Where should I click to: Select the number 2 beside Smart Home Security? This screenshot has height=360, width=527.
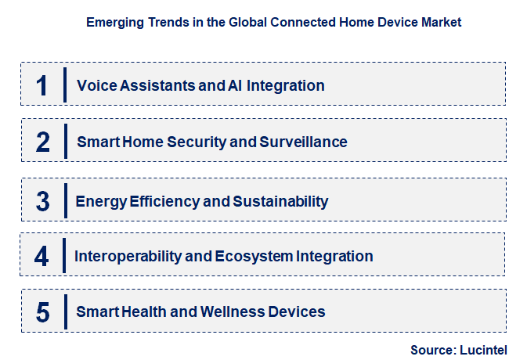click(x=42, y=142)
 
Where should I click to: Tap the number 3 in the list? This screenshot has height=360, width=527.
click(x=42, y=201)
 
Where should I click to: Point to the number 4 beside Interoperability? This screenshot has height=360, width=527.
click(x=42, y=256)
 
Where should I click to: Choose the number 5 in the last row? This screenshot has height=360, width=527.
click(x=42, y=312)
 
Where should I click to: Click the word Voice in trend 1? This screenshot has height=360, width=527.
click(x=95, y=85)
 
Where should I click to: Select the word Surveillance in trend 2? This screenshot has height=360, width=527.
click(x=304, y=142)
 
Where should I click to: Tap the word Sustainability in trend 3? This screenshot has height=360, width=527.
click(x=280, y=201)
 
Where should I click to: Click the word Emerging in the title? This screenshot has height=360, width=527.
click(x=114, y=23)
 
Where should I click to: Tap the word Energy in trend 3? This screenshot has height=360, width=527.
click(x=98, y=201)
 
